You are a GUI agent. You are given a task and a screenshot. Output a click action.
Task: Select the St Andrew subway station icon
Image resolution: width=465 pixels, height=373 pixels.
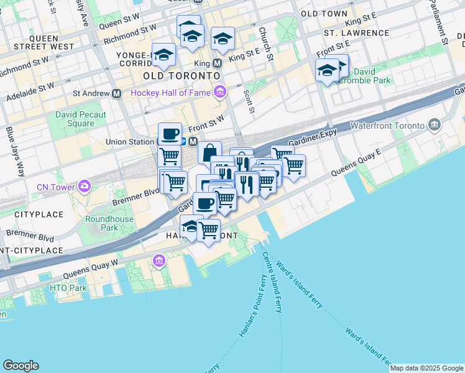(x=116, y=94)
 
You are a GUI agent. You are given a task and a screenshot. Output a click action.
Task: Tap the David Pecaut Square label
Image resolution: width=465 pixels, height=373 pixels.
(x=81, y=119)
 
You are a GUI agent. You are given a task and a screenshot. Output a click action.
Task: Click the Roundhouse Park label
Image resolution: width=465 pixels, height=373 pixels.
(x=101, y=223)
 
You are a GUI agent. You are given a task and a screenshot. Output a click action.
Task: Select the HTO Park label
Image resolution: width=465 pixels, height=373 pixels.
(x=68, y=288)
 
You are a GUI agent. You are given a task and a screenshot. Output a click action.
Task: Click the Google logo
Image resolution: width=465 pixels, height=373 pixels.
(x=21, y=366)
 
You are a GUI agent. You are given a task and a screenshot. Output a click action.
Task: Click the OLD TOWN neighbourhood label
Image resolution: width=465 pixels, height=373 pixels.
(x=324, y=13)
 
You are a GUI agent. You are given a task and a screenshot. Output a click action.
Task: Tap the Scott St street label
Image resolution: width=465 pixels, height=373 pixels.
(x=249, y=101)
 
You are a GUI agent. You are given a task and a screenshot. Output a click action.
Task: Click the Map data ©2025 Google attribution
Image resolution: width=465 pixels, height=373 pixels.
(x=426, y=368)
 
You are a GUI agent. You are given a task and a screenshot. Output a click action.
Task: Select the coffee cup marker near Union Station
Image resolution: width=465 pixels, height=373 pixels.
(x=170, y=134)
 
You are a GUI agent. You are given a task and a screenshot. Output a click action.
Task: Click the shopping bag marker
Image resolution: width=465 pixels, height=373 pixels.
(x=209, y=152)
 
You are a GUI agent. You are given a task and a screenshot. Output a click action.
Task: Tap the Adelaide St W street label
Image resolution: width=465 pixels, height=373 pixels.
(x=30, y=92)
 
